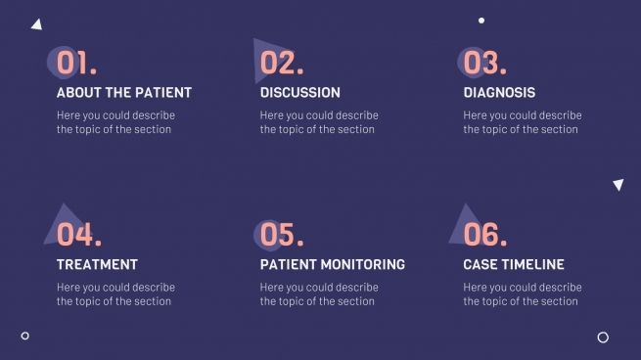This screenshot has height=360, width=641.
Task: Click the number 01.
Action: [76, 64]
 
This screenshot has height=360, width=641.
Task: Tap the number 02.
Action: [282, 64]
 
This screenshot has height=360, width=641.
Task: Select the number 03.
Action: [484, 64]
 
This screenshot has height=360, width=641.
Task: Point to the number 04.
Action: [78, 235]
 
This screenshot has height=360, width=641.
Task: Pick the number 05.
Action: [282, 235]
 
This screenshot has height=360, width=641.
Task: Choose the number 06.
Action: [484, 235]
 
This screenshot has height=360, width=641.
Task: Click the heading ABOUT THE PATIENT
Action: [124, 93]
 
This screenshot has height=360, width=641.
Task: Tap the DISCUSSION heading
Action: [300, 93]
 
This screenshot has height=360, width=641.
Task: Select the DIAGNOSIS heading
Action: [499, 93]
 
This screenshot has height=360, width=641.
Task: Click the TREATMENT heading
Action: [97, 264]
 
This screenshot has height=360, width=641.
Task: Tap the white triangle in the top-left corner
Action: [37, 24]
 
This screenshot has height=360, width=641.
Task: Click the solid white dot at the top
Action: [481, 20]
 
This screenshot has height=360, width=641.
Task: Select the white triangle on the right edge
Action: [618, 184]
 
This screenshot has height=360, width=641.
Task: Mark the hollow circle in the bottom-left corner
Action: [25, 336]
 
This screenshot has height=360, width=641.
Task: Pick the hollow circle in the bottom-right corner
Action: [603, 337]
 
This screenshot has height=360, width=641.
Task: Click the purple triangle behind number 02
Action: [262, 51]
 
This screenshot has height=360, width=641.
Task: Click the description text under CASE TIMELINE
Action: [522, 294]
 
